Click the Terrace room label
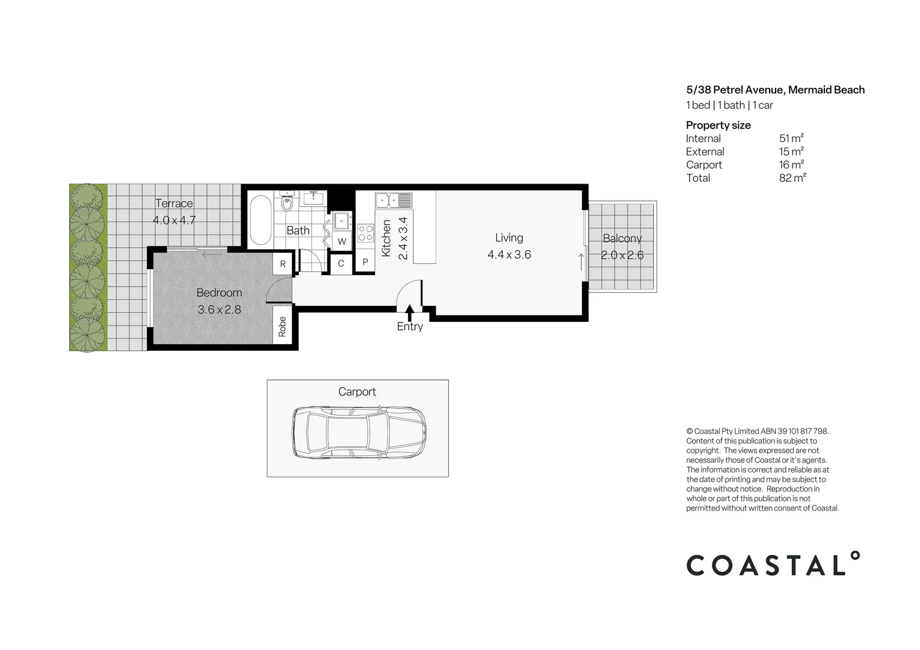(x=174, y=203)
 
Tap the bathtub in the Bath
(x=261, y=220)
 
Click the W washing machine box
(x=342, y=241)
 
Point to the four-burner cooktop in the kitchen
(x=365, y=233)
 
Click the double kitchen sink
(x=393, y=200)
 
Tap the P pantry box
(x=365, y=262)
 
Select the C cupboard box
(x=341, y=264)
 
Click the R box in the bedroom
(x=283, y=264)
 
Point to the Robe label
(x=282, y=327)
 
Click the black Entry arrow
(x=410, y=312)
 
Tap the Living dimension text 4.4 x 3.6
(x=509, y=255)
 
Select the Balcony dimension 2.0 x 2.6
(x=622, y=255)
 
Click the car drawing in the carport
(x=359, y=433)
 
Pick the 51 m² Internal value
(x=791, y=138)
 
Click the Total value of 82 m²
(x=792, y=178)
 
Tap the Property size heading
(x=718, y=125)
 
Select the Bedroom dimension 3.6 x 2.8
(x=220, y=309)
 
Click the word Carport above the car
(x=357, y=392)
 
